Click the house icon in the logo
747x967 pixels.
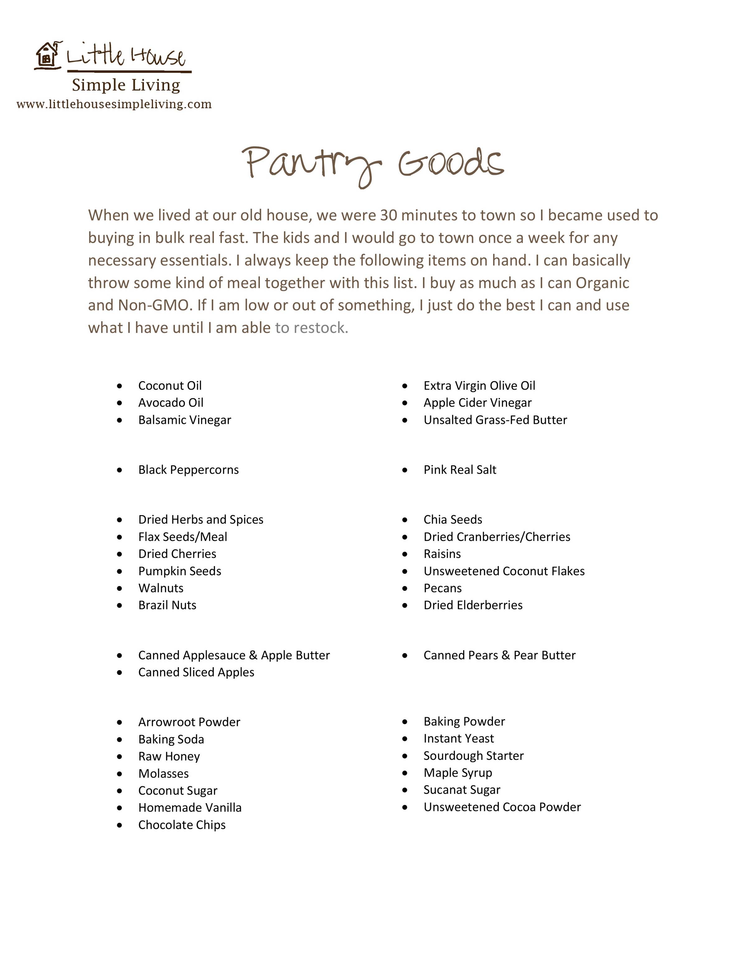47,55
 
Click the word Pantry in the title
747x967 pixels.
311,164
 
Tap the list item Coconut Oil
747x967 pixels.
170,386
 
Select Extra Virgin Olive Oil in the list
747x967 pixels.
479,386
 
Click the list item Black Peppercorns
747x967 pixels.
189,470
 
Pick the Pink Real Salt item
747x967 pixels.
460,470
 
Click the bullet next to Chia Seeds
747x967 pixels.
405,520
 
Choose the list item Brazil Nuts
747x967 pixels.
167,605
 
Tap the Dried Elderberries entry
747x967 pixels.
473,605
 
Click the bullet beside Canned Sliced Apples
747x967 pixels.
120,673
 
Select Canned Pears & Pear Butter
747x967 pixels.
500,655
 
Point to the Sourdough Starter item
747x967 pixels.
473,756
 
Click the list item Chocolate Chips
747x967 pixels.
182,825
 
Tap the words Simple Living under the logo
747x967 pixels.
126,85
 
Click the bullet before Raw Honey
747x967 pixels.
120,757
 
